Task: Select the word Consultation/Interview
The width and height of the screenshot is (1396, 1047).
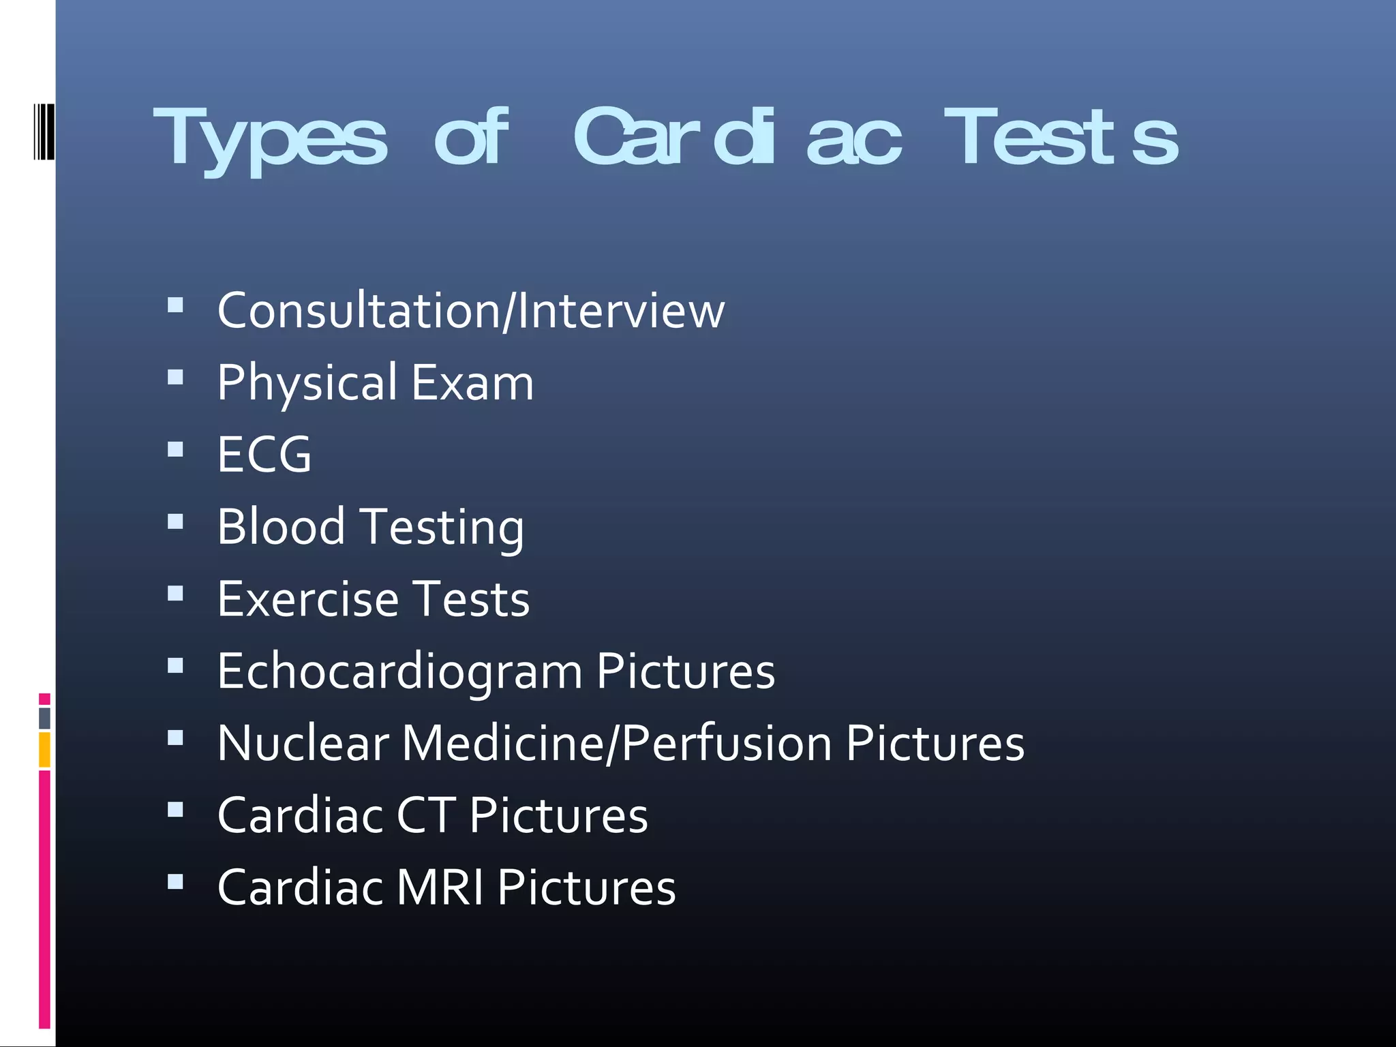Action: point(471,311)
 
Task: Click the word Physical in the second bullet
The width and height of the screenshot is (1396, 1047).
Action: point(307,382)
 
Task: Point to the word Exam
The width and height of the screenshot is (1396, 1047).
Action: point(472,382)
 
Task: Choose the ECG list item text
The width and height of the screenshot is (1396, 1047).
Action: point(264,455)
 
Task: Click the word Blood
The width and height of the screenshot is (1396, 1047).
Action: point(281,527)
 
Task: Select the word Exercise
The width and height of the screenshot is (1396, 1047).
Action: point(307,599)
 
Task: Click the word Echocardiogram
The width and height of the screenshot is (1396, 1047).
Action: point(400,671)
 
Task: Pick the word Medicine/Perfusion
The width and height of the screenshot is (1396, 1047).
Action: point(617,743)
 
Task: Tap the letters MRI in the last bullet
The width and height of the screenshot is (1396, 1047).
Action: point(440,887)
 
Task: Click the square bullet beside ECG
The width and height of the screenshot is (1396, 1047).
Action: point(175,449)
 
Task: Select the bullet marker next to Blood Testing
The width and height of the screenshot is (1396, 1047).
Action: point(175,521)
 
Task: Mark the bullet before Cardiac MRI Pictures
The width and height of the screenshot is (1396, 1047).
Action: point(175,882)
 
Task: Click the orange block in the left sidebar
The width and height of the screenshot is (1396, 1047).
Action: point(44,749)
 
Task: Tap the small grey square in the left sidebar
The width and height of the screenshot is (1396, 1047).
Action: point(44,718)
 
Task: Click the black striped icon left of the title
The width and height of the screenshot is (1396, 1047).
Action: point(44,132)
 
